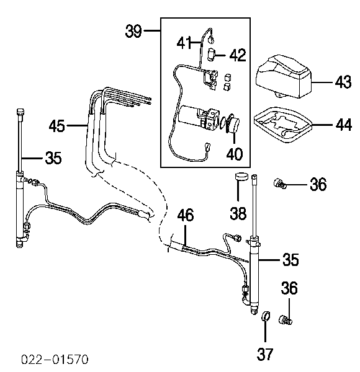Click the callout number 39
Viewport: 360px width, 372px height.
pos(133,31)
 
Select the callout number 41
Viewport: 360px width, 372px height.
pos(184,43)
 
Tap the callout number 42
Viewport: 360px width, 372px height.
pos(238,55)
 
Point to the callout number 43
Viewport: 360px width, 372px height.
pos(343,82)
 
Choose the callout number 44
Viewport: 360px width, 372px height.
pos(344,125)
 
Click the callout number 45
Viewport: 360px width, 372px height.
pos(56,126)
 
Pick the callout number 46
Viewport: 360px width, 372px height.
pos(186,215)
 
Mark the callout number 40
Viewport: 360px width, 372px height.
pos(235,154)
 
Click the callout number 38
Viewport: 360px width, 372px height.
pos(238,213)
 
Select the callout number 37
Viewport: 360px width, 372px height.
pos(265,354)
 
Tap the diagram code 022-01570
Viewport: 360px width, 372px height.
pos(55,359)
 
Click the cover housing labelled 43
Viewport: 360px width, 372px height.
pos(283,76)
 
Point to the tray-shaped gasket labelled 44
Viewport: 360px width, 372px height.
pos(282,125)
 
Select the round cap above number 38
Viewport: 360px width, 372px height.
pos(241,177)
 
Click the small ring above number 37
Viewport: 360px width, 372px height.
pos(266,317)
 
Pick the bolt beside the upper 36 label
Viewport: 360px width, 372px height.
pos(279,184)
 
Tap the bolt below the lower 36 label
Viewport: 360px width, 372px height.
pos(285,320)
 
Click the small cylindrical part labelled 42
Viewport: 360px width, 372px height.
pos(211,55)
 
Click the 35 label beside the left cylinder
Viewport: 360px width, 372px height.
pos(53,158)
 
